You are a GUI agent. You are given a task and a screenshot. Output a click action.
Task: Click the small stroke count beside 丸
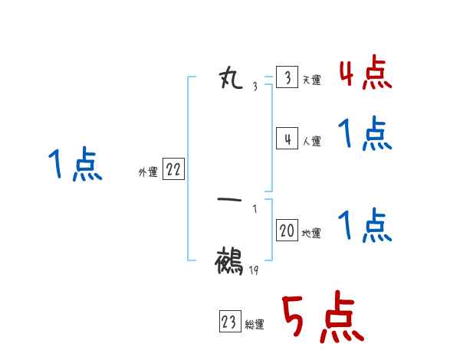[x=255, y=87]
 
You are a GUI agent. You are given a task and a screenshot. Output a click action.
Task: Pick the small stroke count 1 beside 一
[x=255, y=208]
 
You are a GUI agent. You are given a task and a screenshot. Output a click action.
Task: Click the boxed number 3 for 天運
[x=287, y=78]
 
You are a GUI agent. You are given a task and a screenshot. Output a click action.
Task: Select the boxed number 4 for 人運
[x=287, y=139]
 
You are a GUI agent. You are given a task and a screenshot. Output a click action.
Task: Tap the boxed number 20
[x=287, y=231]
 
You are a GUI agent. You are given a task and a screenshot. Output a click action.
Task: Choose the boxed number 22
[x=173, y=170]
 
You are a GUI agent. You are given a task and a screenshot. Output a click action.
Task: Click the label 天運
[x=311, y=80]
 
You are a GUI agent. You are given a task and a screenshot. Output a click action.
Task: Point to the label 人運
[x=311, y=141]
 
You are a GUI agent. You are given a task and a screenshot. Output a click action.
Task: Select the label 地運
[x=311, y=233]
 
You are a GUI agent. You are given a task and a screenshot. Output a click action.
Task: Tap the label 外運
[x=148, y=172]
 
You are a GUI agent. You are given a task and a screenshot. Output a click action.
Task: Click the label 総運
[x=254, y=324]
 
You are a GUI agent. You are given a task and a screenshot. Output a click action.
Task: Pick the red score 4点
[x=365, y=74]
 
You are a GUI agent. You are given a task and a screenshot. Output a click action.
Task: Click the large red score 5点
[x=321, y=319]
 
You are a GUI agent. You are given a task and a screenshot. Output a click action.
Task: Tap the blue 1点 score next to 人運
[x=365, y=135]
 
